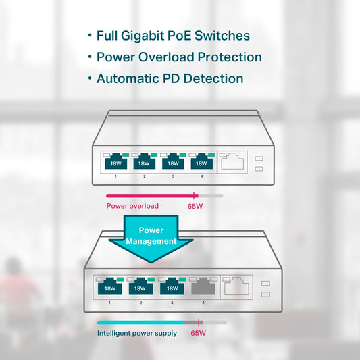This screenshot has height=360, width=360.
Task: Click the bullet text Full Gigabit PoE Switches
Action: (x=173, y=35)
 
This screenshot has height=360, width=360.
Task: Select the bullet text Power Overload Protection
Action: (x=179, y=57)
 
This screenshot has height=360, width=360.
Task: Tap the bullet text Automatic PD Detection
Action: (x=170, y=78)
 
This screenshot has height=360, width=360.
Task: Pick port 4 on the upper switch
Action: (x=201, y=162)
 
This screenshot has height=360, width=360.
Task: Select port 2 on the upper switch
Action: (x=144, y=162)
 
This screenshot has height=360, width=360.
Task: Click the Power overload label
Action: (x=132, y=206)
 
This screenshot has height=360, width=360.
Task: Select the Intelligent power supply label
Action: (x=137, y=333)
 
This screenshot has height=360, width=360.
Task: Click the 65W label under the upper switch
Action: (x=195, y=206)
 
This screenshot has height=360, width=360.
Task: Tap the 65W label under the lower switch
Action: (x=199, y=333)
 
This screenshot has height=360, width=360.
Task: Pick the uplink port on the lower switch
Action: (x=236, y=287)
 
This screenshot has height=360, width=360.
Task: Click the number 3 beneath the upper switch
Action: (x=172, y=176)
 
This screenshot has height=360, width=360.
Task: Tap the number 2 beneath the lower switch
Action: (x=140, y=303)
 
